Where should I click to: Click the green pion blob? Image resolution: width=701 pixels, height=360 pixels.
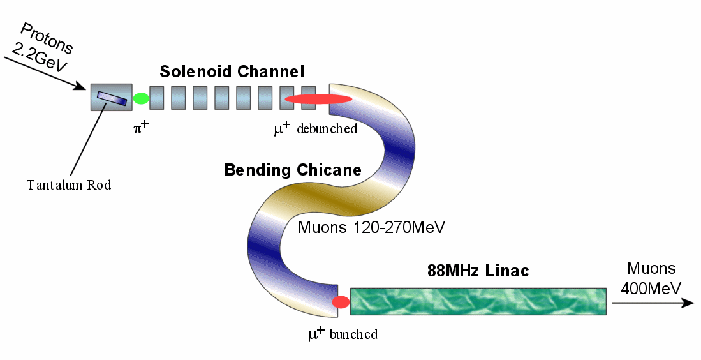pyautogui.click(x=141, y=98)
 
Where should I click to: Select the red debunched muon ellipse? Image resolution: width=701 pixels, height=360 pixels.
pyautogui.click(x=318, y=99)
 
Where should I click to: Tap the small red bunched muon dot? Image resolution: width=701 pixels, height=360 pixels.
pyautogui.click(x=341, y=302)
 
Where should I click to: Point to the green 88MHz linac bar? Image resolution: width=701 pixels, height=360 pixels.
pyautogui.click(x=478, y=301)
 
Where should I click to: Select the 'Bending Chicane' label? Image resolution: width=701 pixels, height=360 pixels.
pyautogui.click(x=293, y=170)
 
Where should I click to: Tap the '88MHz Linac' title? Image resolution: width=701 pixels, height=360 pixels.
pyautogui.click(x=478, y=271)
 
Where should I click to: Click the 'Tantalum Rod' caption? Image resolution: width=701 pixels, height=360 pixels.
pyautogui.click(x=69, y=185)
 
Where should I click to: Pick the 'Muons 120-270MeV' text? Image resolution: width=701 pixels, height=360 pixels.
pyautogui.click(x=372, y=227)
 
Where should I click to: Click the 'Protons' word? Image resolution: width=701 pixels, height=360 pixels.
pyautogui.click(x=47, y=38)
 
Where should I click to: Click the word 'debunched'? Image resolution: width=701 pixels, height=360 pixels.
pyautogui.click(x=326, y=130)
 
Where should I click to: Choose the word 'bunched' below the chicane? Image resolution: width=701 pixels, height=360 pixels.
pyautogui.click(x=353, y=334)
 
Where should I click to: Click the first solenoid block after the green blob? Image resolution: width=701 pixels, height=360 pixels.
pyautogui.click(x=157, y=98)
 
